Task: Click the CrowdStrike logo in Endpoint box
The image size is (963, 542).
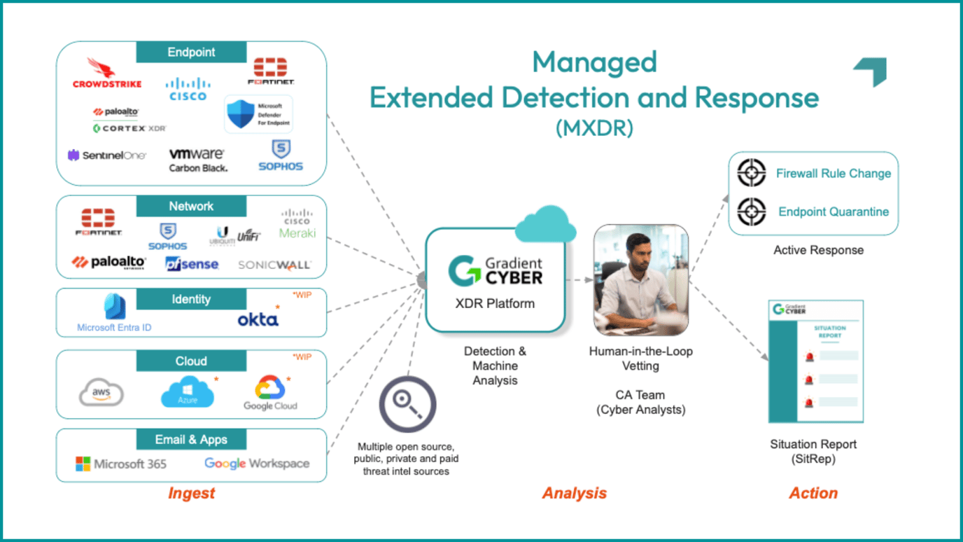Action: (107, 74)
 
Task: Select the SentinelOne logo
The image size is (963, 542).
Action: (107, 155)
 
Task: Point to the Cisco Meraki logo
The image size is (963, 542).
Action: (297, 224)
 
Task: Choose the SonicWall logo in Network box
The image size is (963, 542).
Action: (274, 265)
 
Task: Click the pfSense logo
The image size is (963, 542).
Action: (192, 264)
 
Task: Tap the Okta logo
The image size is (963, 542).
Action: (258, 319)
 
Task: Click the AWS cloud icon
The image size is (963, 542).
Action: (101, 393)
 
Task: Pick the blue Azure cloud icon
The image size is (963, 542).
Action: (188, 392)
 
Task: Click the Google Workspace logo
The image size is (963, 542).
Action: (257, 464)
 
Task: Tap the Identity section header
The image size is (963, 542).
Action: (191, 299)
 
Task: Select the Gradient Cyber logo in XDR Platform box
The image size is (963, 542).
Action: (495, 271)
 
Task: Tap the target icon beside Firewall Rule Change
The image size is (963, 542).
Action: (752, 172)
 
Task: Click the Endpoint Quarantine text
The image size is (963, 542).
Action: (834, 211)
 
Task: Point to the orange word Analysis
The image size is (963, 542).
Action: (574, 493)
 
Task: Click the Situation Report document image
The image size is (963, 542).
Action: (816, 362)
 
